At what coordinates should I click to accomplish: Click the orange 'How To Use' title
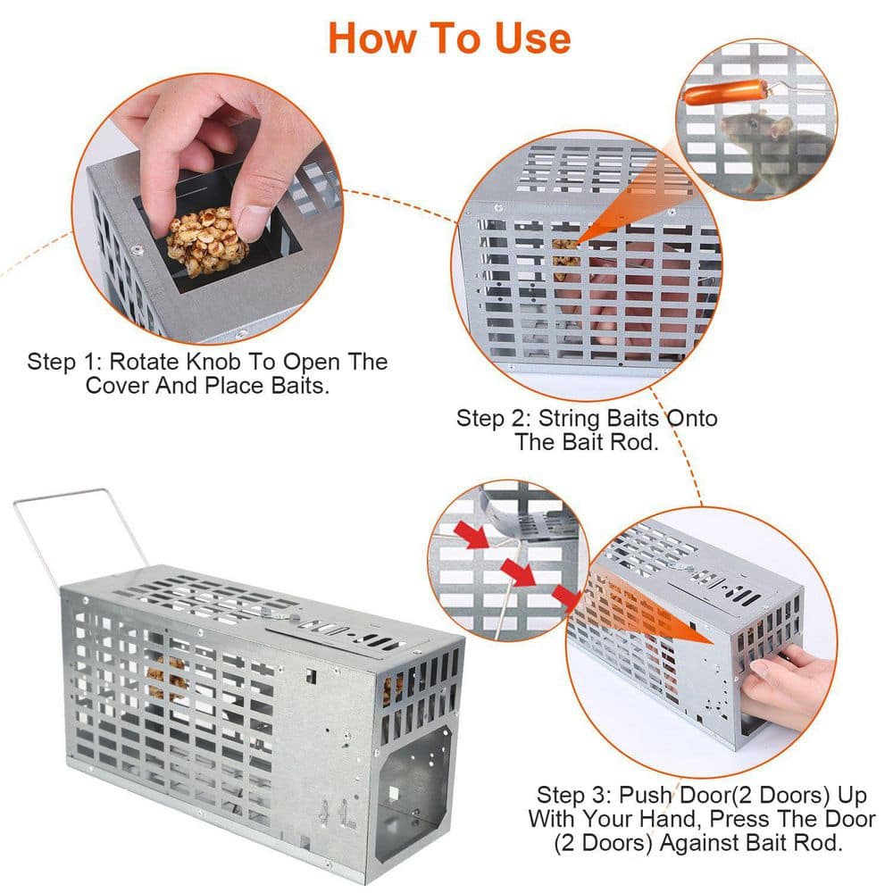coord(448,38)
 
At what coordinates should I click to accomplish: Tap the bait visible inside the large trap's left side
coord(165,679)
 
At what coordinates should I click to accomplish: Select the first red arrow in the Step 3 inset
coord(472,536)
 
